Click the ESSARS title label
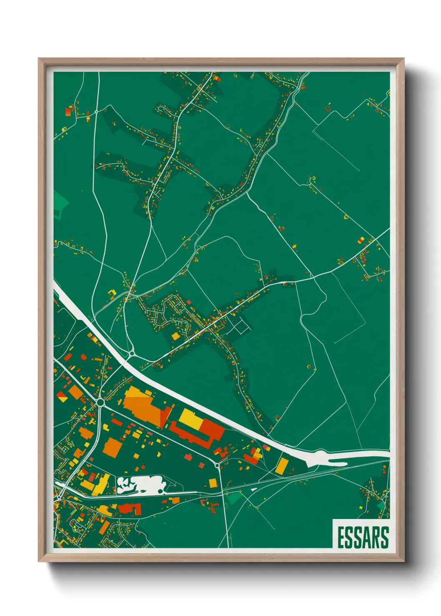click(x=362, y=537)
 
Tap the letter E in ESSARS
click(x=340, y=538)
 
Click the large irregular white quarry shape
click(x=141, y=485)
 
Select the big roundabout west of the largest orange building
click(x=100, y=402)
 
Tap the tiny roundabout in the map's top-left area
click(x=96, y=112)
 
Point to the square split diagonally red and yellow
click(x=62, y=396)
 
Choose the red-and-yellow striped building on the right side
click(x=361, y=240)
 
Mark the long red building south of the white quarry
click(x=130, y=508)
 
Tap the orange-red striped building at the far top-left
click(x=68, y=111)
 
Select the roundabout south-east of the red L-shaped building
click(x=217, y=465)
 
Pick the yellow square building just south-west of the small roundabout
click(x=175, y=336)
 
